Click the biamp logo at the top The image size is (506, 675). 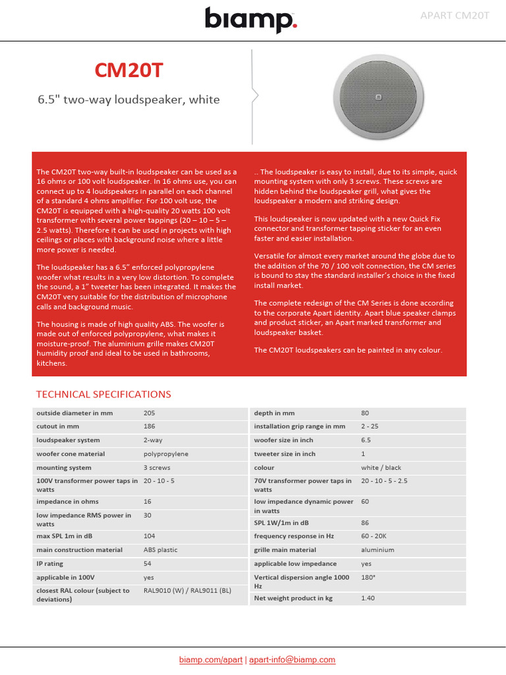pyautogui.click(x=251, y=20)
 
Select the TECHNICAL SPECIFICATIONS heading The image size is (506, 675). pyautogui.click(x=103, y=394)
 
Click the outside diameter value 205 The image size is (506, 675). pyautogui.click(x=150, y=413)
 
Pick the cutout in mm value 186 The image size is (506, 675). pyautogui.click(x=150, y=426)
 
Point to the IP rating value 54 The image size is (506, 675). pyautogui.click(x=148, y=564)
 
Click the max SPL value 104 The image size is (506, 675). pyautogui.click(x=150, y=536)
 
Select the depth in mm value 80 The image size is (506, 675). pyautogui.click(x=365, y=413)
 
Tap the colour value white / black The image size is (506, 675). pyautogui.click(x=381, y=467)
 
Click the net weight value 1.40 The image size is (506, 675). pyautogui.click(x=368, y=598)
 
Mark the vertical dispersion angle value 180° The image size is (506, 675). pyautogui.click(x=368, y=577)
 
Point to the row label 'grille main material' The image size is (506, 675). pyautogui.click(x=285, y=550)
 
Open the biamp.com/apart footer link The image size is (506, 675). pyautogui.click(x=211, y=659)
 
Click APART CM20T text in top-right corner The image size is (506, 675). pyautogui.click(x=455, y=15)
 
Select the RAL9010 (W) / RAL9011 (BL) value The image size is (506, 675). pyautogui.click(x=187, y=591)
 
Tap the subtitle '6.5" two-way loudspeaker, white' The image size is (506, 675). pyautogui.click(x=128, y=100)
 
